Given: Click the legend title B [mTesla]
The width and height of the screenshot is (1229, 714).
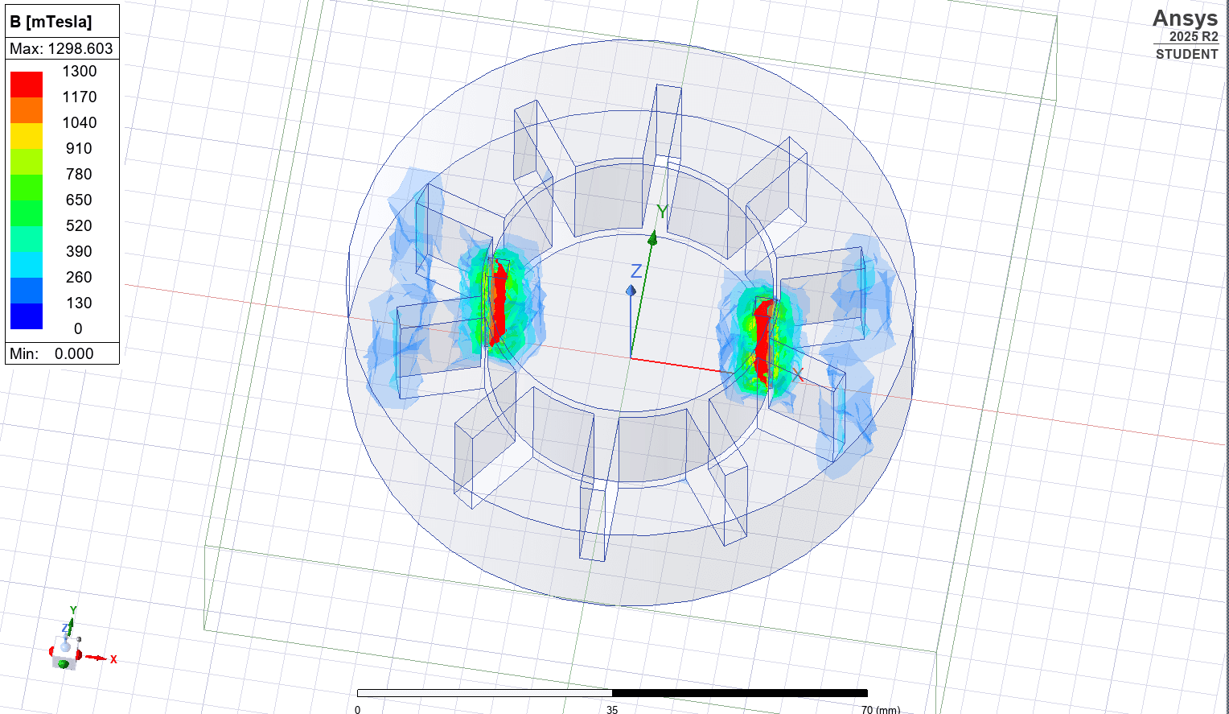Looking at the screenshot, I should pyautogui.click(x=51, y=22).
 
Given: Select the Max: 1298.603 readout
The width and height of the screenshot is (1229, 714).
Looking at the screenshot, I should pyautogui.click(x=62, y=48).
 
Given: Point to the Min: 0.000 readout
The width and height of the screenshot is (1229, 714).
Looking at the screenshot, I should pyautogui.click(x=52, y=353).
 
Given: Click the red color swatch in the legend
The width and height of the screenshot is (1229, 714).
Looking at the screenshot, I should pyautogui.click(x=27, y=84).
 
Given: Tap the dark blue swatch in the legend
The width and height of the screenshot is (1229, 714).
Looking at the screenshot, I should pyautogui.click(x=27, y=316).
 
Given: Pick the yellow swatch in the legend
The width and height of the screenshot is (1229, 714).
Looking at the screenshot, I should pyautogui.click(x=27, y=135).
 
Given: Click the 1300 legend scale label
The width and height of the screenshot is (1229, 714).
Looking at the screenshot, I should pyautogui.click(x=79, y=71).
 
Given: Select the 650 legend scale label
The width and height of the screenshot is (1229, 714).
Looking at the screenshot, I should pyautogui.click(x=79, y=200).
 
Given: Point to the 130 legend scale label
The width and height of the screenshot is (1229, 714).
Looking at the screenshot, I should pyautogui.click(x=79, y=303).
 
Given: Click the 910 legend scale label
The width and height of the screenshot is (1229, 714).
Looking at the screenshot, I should pyautogui.click(x=79, y=148).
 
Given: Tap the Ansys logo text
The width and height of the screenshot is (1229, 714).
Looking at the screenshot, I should pyautogui.click(x=1185, y=18).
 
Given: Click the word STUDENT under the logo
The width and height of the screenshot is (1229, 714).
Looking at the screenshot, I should pyautogui.click(x=1186, y=54).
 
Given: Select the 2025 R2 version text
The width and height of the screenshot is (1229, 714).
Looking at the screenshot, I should pyautogui.click(x=1193, y=37).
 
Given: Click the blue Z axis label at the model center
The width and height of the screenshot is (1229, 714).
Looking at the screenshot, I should pyautogui.click(x=635, y=271).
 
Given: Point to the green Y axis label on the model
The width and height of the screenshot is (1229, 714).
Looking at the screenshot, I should pyautogui.click(x=662, y=212).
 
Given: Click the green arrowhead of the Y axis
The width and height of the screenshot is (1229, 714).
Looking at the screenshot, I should pyautogui.click(x=653, y=238).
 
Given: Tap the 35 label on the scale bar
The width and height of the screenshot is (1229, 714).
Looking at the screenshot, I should pyautogui.click(x=612, y=709).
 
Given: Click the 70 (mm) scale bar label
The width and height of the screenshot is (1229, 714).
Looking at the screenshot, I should pyautogui.click(x=880, y=709).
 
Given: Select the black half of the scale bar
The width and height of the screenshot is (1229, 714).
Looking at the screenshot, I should pyautogui.click(x=739, y=692).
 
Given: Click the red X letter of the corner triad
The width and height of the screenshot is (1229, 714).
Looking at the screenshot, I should pyautogui.click(x=113, y=659).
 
